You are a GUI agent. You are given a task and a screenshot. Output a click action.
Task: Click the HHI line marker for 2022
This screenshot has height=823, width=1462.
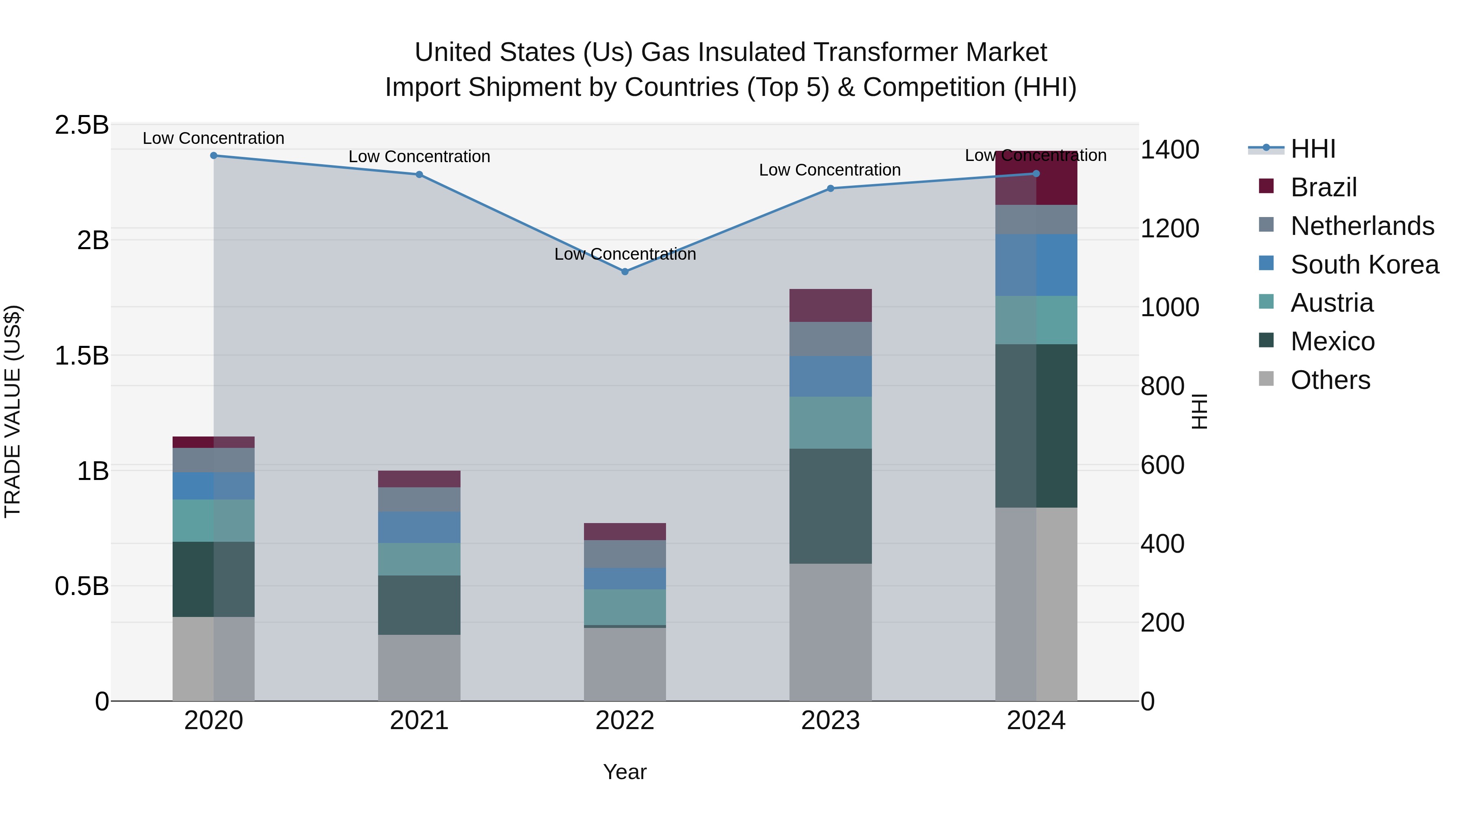point(625,271)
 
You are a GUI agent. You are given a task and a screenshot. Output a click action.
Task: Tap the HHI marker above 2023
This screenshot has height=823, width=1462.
point(830,188)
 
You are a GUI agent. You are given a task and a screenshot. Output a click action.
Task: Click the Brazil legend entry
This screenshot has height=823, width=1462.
point(1323,187)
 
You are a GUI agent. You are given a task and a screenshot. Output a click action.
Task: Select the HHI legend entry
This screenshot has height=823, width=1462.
point(1313,149)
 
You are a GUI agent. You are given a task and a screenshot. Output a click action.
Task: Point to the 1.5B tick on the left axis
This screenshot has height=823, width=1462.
point(82,356)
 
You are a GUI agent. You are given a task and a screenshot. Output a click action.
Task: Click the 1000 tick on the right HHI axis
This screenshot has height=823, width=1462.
point(1169,307)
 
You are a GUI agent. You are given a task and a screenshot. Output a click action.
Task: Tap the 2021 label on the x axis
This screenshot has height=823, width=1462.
point(419,721)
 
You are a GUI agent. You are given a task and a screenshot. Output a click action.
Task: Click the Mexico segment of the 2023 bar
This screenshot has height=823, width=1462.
point(830,506)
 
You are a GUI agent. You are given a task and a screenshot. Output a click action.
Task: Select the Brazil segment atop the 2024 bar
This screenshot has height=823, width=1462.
point(1036,178)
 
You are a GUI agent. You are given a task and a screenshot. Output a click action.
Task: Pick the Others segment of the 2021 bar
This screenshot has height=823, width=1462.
point(419,667)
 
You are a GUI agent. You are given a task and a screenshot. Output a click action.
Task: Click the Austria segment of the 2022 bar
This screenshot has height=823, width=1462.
point(625,607)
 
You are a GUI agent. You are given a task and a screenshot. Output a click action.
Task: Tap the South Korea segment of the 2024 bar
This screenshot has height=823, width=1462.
point(1036,265)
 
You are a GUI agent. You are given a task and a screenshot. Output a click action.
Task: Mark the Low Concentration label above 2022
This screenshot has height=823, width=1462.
point(625,254)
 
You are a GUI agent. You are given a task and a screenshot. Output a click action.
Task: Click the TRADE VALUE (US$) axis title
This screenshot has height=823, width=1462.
point(13,411)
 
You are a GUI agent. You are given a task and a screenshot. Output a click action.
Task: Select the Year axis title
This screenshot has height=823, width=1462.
point(625,772)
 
